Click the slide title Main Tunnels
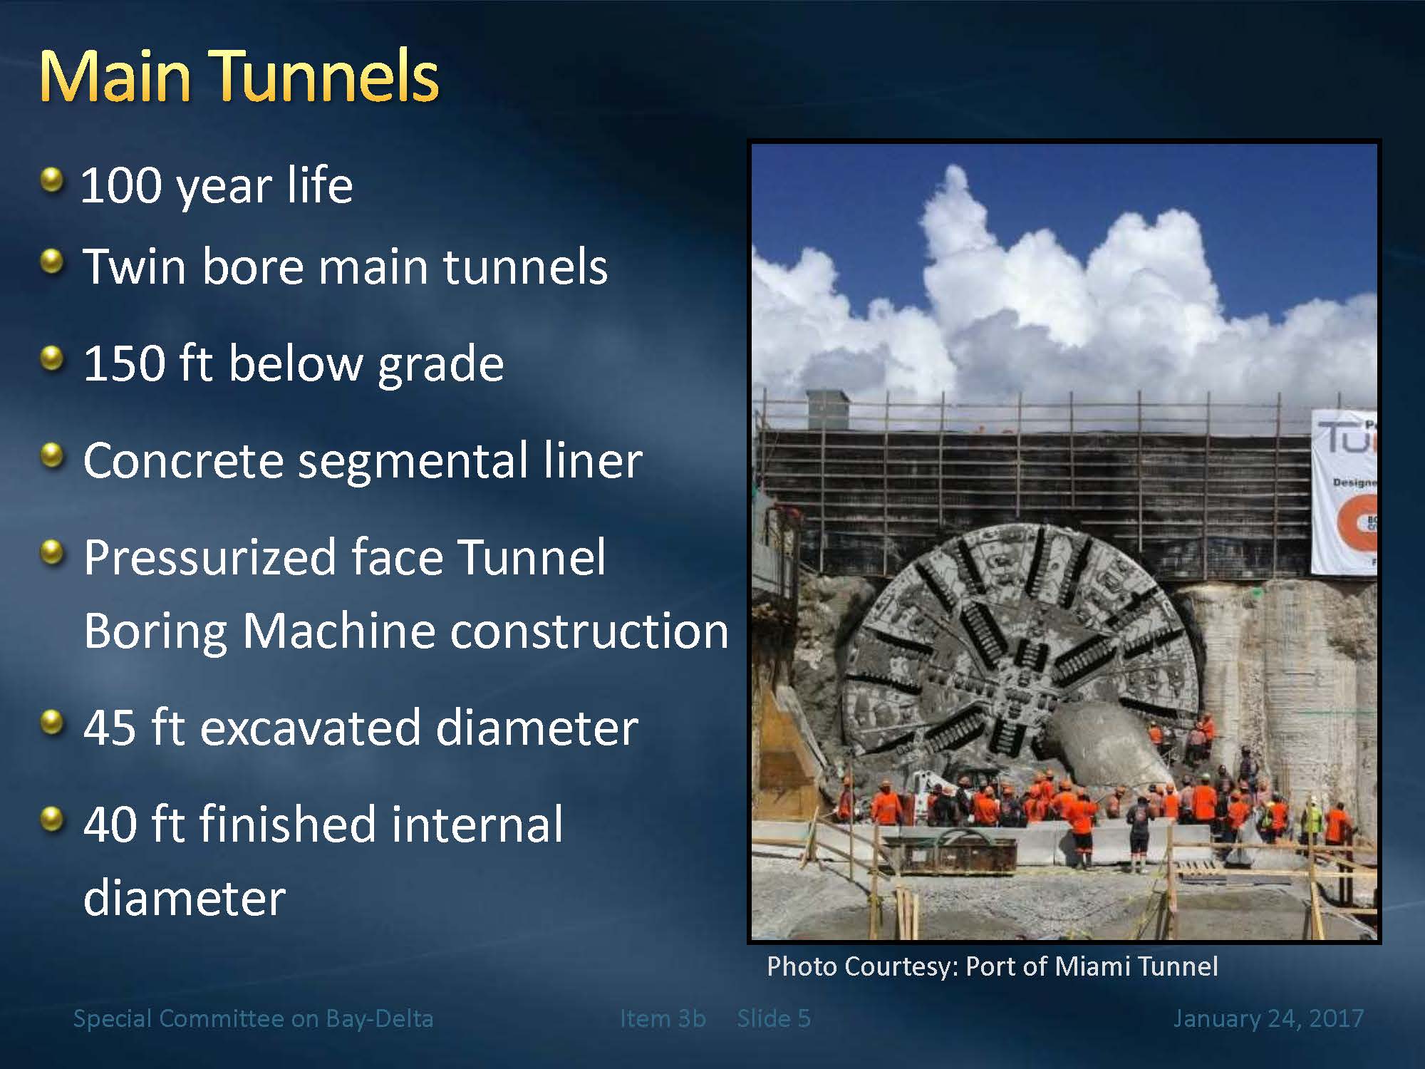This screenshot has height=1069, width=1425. [x=239, y=76]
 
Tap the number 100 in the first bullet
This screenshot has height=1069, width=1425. [x=122, y=185]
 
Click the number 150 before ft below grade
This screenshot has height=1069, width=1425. [x=124, y=363]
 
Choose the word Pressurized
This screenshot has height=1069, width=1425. [x=209, y=558]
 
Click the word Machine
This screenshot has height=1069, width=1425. [x=340, y=631]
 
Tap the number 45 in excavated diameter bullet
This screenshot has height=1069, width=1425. [x=110, y=728]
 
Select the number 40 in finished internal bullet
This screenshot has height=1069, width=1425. [x=110, y=825]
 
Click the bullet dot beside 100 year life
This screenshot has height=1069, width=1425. [x=52, y=180]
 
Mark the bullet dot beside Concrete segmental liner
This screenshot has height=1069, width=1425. [x=52, y=455]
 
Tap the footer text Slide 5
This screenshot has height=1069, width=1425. [x=774, y=1018]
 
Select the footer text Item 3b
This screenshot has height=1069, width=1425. [x=663, y=1018]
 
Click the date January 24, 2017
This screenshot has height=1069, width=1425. [x=1268, y=1019]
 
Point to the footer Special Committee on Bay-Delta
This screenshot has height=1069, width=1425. [x=253, y=1019]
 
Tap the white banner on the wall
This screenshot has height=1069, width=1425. [x=1345, y=492]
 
